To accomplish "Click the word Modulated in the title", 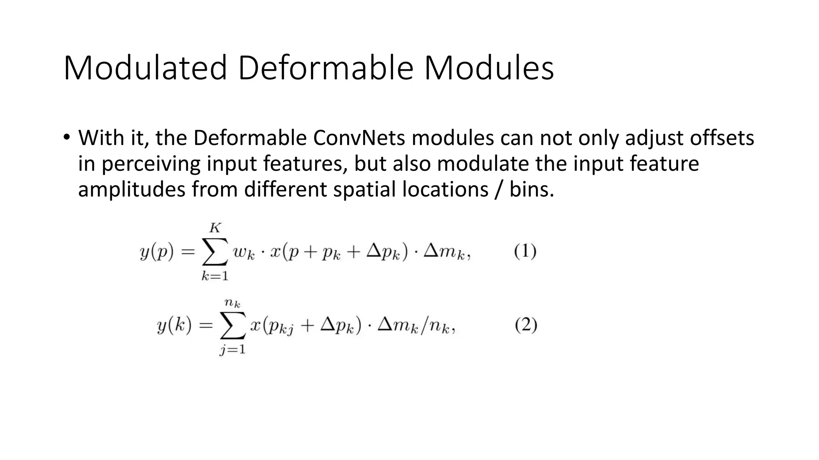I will click(145, 68).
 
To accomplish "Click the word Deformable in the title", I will click(325, 68).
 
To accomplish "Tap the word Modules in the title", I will click(489, 68).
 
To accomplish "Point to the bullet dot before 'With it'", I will click(66, 137).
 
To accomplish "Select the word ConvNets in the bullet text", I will click(359, 138).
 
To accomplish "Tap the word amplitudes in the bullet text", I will click(132, 189).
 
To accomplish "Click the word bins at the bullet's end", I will click(531, 189).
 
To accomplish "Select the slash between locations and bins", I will click(498, 189).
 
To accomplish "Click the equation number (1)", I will click(525, 252).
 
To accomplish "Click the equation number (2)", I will click(525, 325).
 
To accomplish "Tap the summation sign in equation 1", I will click(215, 252).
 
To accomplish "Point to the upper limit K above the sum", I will click(215, 228).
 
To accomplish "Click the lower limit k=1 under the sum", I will click(215, 276).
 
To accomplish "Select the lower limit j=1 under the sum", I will click(232, 350).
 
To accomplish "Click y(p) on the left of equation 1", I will click(157, 252).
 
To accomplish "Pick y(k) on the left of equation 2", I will click(174, 326).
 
